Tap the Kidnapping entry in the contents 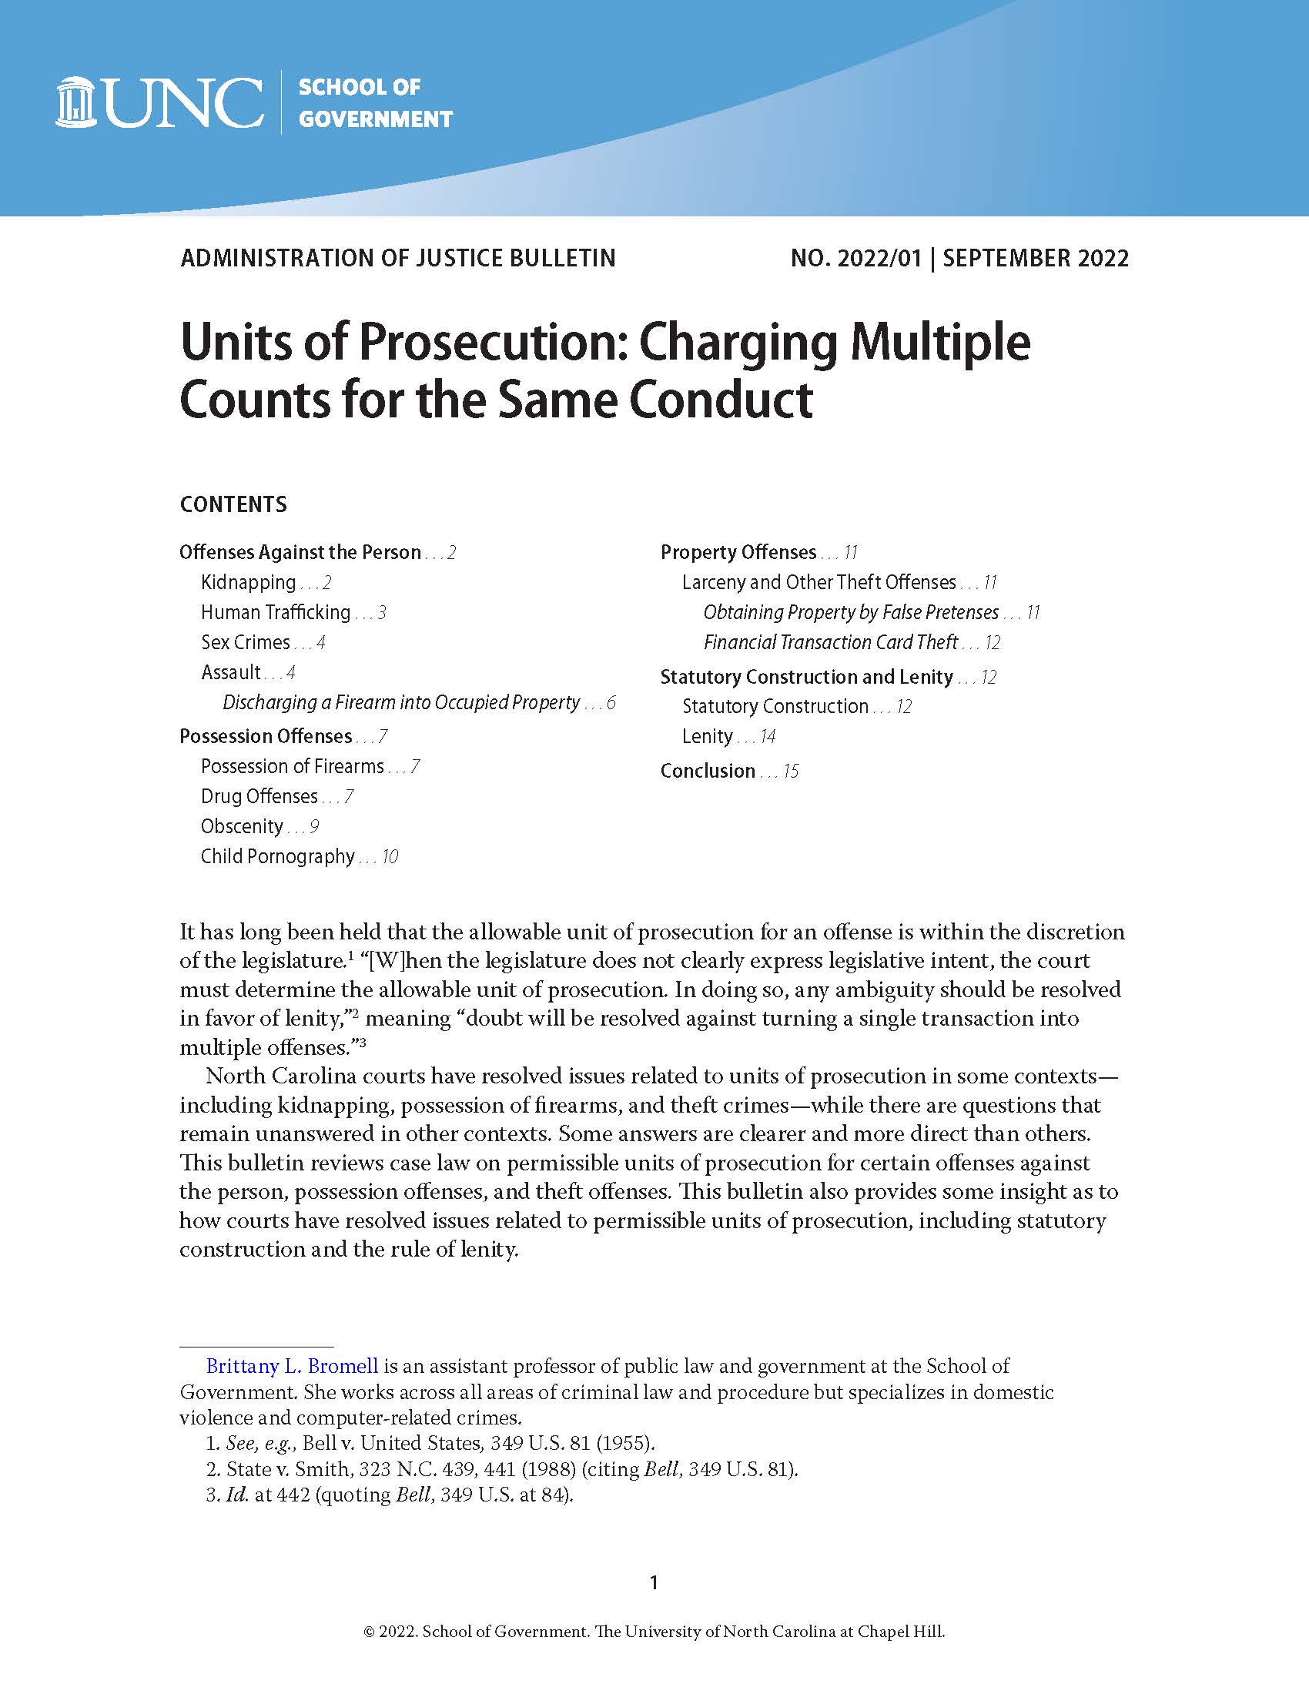[248, 583]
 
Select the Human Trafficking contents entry [276, 613]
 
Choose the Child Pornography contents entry [278, 856]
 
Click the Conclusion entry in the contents [707, 771]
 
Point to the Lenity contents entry [707, 736]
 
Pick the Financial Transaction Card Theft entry [831, 642]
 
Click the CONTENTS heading [233, 505]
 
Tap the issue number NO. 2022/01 [855, 258]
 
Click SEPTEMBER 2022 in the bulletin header [1035, 258]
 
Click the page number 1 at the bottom [654, 1582]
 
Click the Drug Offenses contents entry [259, 797]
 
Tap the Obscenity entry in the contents [242, 827]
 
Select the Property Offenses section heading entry [738, 552]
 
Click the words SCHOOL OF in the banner [359, 87]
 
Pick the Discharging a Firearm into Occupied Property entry [401, 703]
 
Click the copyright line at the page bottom [654, 1632]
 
